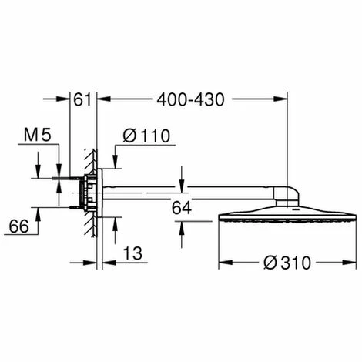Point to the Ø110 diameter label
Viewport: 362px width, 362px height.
tap(146, 136)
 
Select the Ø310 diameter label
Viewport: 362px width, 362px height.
tap(285, 263)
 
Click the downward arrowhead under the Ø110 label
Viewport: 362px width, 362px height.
tap(116, 161)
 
